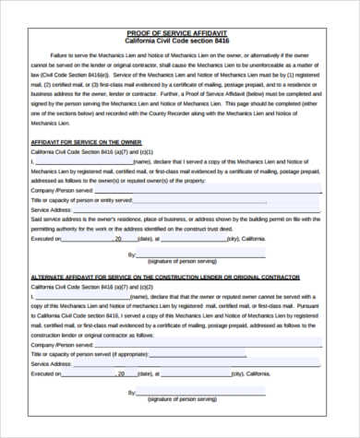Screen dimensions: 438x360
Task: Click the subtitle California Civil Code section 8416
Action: point(180,42)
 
